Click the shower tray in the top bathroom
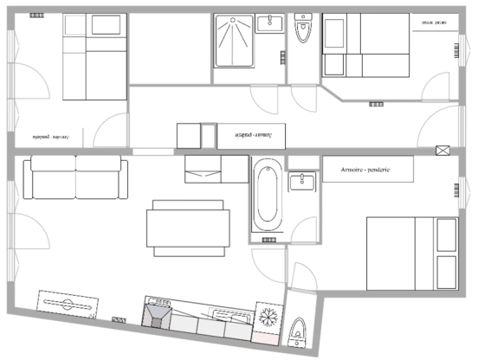click(234, 39)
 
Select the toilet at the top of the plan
click(302, 31)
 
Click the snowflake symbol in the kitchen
click(268, 316)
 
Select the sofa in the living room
click(75, 177)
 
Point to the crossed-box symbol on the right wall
click(443, 150)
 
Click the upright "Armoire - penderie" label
click(367, 170)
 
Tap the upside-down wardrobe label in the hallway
click(253, 136)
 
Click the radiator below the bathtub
click(269, 239)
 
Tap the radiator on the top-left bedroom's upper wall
click(38, 16)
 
